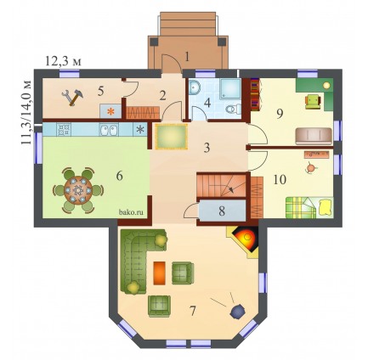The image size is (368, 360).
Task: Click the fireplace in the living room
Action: coord(244,240)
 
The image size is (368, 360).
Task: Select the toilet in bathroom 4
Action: coord(234,109)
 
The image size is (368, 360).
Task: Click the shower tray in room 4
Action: coord(230,88)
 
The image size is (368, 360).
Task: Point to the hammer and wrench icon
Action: coord(72,98)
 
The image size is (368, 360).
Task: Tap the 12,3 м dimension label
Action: coord(63,61)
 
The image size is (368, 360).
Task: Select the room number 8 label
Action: coord(222,211)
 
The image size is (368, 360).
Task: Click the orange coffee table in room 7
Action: coord(159,273)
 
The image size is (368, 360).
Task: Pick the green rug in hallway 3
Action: coord(172,137)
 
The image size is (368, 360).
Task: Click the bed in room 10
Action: coord(309,207)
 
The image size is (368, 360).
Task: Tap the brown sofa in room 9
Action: coord(314,136)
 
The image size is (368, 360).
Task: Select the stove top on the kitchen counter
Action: coord(64,130)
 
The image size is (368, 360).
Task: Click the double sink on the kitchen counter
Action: coord(108,130)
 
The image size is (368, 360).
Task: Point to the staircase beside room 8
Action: coord(221,185)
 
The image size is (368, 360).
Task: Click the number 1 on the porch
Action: coord(186,57)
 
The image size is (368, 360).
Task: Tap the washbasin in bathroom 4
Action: coord(195,87)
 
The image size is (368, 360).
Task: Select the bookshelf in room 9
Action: coord(254,93)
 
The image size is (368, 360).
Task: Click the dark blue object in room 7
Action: coord(238,311)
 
